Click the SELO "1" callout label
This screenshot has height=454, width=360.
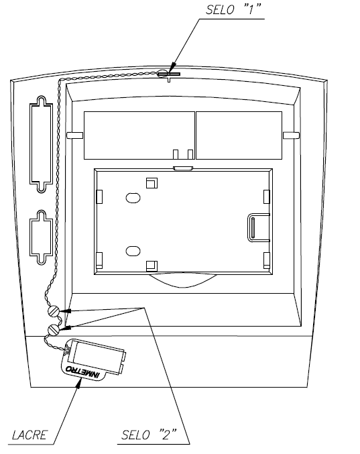coord(233,9)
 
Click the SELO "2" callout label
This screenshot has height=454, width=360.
coord(148,435)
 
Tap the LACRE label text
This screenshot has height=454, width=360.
coord(29,435)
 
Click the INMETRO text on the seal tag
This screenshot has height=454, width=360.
coord(82,372)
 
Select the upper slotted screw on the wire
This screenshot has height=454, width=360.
coord(54,311)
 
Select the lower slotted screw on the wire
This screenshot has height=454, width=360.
coord(54,329)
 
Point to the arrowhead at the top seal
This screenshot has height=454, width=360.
coord(172,68)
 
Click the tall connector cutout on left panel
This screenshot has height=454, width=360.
coord(41,144)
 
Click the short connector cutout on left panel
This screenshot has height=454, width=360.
coord(41,237)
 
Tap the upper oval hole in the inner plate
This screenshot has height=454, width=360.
coord(133,198)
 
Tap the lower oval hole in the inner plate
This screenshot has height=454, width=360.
coord(133,251)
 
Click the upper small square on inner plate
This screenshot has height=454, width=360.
coord(152,183)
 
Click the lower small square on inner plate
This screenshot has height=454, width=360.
coord(152,266)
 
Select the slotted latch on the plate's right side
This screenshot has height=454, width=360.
coord(258,227)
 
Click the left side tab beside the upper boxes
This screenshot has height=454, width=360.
coord(74,135)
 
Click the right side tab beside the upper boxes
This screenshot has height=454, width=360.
coord(291,135)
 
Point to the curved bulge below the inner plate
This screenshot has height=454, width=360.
coord(182,280)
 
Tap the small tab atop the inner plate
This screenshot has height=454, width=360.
coord(183,168)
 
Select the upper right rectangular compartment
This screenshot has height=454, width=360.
coord(239,135)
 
